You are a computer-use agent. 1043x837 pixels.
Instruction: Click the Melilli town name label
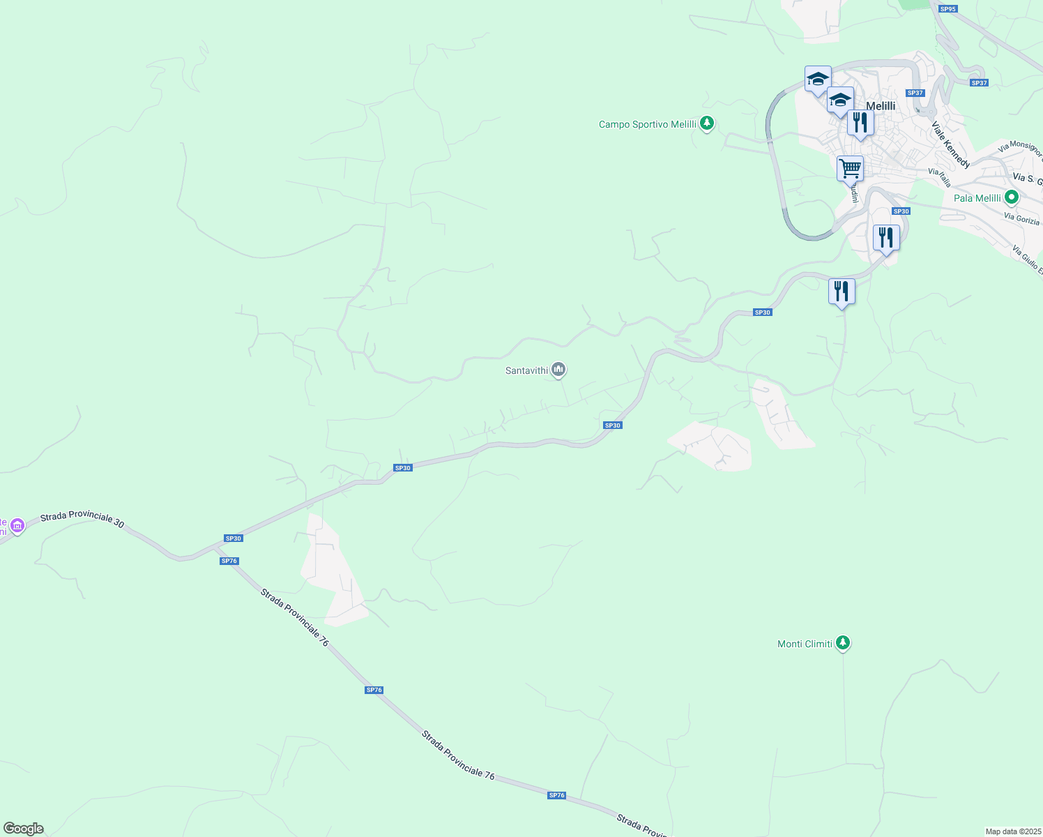(881, 106)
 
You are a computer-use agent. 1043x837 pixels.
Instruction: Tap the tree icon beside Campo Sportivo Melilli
(707, 123)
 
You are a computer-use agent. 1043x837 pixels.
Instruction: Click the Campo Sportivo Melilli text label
(648, 125)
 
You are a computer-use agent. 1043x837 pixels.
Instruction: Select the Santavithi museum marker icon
(558, 370)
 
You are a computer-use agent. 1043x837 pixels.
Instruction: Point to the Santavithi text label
(526, 371)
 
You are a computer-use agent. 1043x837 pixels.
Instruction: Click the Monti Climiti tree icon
(843, 642)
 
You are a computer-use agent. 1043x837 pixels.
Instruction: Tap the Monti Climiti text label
(805, 644)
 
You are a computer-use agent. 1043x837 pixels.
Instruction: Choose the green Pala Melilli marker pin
(1012, 197)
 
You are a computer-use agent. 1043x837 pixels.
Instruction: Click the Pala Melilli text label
(977, 199)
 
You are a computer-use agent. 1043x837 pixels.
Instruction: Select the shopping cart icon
(850, 168)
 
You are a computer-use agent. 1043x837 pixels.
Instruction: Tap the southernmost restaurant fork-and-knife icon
(842, 291)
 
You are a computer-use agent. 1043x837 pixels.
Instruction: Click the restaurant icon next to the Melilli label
(860, 123)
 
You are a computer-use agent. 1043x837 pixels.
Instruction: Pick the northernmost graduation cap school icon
(818, 79)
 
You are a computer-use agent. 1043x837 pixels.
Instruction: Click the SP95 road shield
(947, 9)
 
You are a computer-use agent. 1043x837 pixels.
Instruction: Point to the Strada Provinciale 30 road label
(82, 520)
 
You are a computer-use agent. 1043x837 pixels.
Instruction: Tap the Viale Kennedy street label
(951, 145)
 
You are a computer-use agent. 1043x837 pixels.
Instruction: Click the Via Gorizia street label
(1021, 219)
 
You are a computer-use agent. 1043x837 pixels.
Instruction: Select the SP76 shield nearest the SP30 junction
(229, 561)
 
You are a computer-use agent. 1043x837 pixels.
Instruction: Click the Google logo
(24, 829)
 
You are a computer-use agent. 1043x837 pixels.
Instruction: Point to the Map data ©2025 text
(1012, 831)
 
